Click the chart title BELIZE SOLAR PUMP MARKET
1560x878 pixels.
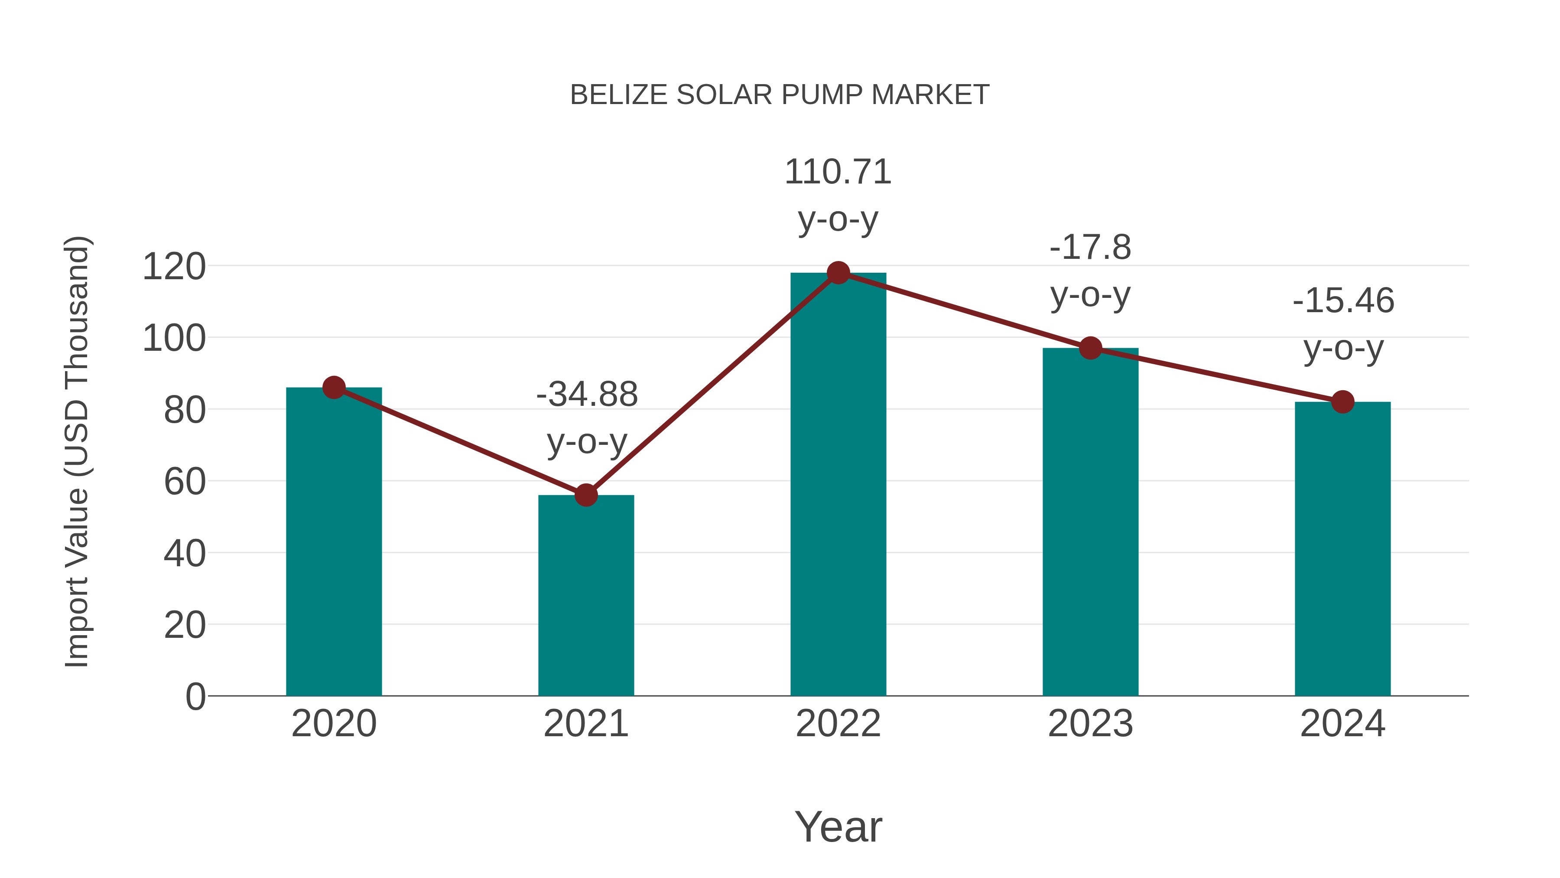(x=780, y=95)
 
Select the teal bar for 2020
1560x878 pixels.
(x=334, y=545)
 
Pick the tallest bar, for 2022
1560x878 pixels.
(x=838, y=485)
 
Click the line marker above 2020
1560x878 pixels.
(x=334, y=387)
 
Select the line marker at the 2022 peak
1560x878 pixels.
(x=838, y=273)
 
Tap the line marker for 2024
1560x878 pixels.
(x=1342, y=402)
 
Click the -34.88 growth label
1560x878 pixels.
(x=587, y=395)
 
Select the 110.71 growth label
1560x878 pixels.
(x=838, y=172)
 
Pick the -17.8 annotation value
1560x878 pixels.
(x=1090, y=248)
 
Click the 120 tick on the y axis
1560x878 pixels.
(x=174, y=267)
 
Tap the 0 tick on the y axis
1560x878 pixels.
(x=195, y=697)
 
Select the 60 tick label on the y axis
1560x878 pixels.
(x=185, y=482)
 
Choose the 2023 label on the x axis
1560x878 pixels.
(x=1090, y=724)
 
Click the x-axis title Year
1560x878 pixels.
(x=838, y=826)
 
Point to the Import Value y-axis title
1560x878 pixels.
(x=78, y=451)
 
